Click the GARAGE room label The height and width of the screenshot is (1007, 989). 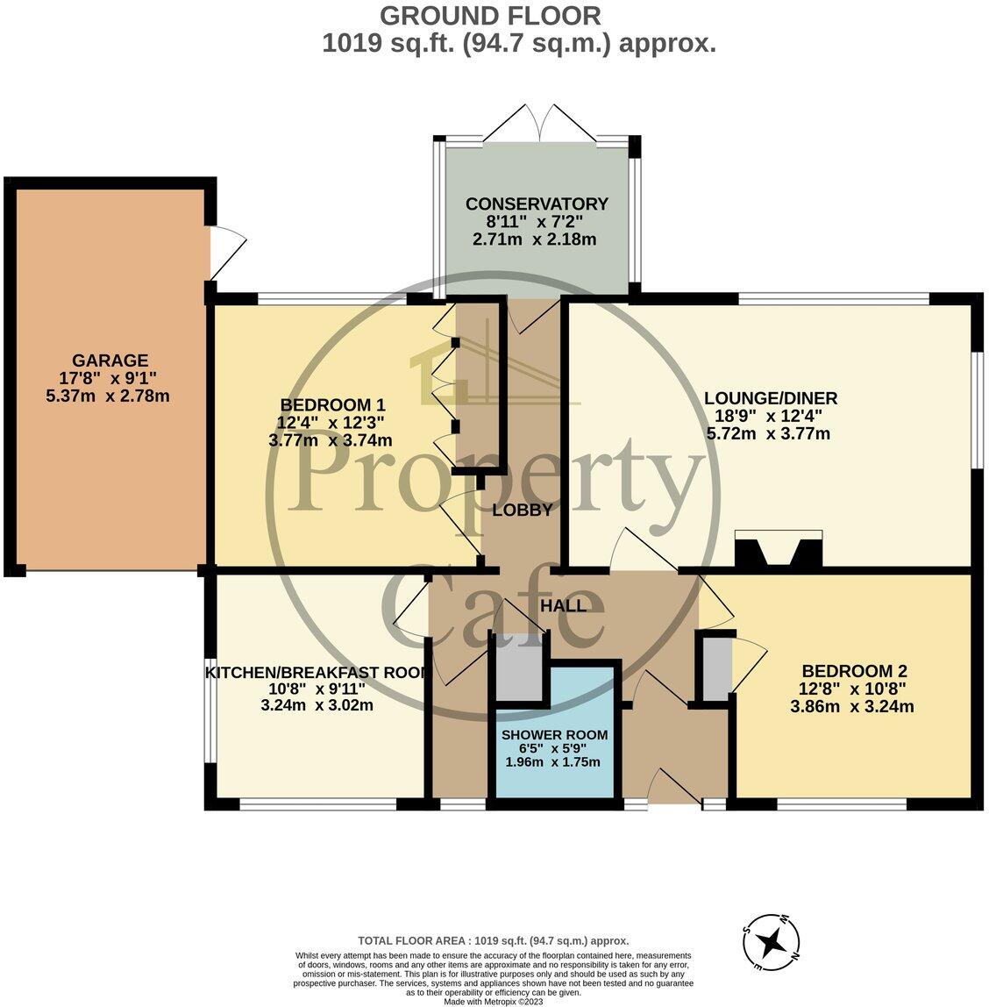[x=110, y=361]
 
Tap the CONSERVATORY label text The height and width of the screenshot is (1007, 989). [x=537, y=204]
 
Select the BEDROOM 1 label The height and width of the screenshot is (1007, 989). [x=332, y=404]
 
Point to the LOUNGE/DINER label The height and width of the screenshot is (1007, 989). [x=770, y=398]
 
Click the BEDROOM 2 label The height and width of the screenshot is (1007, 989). [x=854, y=671]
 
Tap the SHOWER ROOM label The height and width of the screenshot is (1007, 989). [x=554, y=735]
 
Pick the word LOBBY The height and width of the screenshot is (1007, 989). [x=523, y=510]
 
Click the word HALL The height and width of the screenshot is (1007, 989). [x=563, y=605]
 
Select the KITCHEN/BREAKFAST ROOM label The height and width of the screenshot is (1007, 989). [x=317, y=673]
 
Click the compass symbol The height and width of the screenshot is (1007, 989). [x=771, y=943]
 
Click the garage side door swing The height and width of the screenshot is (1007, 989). [x=228, y=253]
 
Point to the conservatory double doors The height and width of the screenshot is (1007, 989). [x=540, y=123]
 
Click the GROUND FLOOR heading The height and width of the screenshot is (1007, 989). [x=490, y=16]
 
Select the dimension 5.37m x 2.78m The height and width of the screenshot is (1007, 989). [x=108, y=396]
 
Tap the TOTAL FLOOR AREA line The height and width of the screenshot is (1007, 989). [x=493, y=941]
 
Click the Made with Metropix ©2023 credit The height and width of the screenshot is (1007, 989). [x=493, y=1001]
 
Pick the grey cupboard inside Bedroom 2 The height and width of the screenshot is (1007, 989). [x=717, y=666]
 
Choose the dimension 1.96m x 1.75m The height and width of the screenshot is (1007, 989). [x=553, y=762]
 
